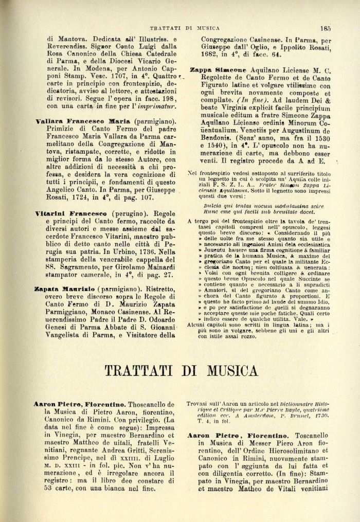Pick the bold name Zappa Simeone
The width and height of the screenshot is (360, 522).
pyautogui.click(x=219, y=69)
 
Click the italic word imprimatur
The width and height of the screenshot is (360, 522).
pyautogui.click(x=158, y=106)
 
